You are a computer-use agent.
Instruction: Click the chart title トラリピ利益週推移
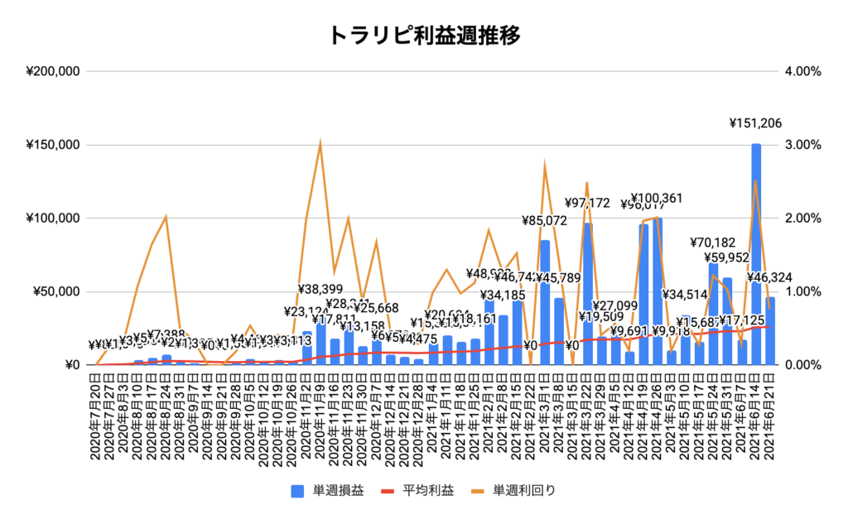(x=424, y=35)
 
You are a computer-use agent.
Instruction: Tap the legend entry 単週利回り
(x=513, y=490)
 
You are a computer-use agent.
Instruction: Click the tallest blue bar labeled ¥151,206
(x=756, y=257)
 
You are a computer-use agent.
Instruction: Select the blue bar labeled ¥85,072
(x=545, y=303)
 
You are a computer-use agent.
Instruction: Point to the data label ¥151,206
(x=755, y=123)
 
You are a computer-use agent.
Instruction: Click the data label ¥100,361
(x=658, y=199)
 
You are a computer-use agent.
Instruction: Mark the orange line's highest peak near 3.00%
(x=320, y=143)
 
